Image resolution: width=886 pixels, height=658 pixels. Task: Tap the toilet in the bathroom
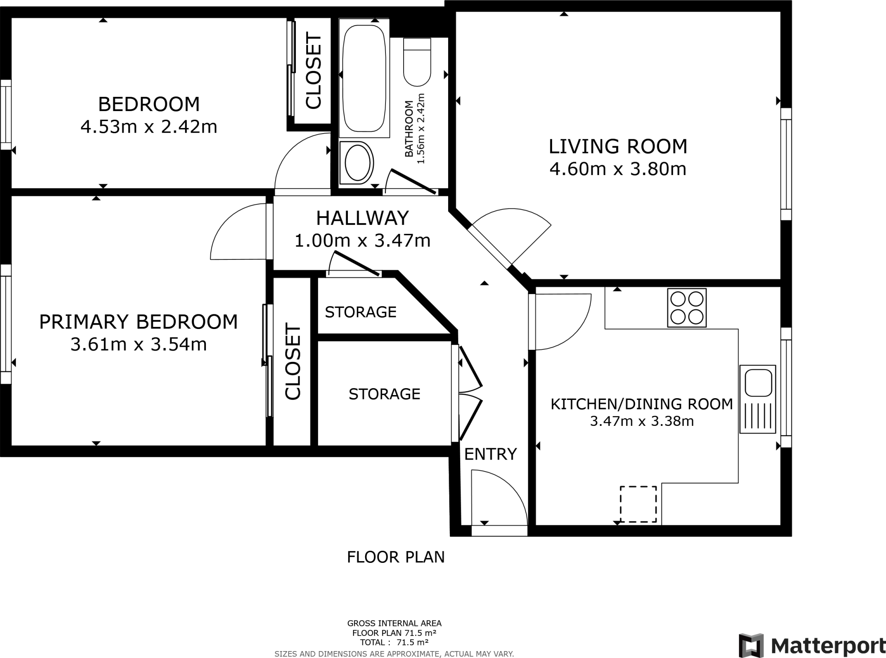coord(417,62)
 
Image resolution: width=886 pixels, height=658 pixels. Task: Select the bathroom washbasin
coord(356,163)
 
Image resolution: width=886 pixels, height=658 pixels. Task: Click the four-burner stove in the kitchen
coord(687,307)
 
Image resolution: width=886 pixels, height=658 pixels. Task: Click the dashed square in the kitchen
coord(638,504)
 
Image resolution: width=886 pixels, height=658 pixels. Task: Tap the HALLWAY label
coord(363,218)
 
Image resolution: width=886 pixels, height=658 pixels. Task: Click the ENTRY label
coord(491,454)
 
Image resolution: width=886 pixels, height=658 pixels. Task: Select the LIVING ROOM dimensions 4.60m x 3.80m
coord(618,169)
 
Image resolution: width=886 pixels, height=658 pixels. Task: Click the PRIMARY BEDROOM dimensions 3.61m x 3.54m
coord(138,345)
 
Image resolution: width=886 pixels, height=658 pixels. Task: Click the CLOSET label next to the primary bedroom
coord(292,361)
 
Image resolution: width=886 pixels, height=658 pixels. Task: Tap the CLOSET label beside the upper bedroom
coord(314,71)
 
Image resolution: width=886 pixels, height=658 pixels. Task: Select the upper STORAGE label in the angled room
coord(361,312)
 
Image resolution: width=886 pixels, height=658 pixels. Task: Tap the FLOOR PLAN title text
coord(396,557)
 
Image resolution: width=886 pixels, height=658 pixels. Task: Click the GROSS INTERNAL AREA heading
coord(395,623)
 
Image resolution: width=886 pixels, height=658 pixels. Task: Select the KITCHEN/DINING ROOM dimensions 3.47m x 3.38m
coord(642,421)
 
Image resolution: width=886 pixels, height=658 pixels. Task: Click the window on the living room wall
coord(786,164)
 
